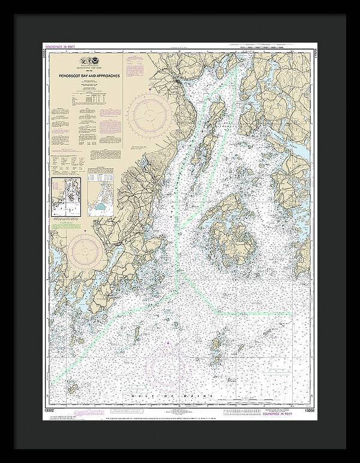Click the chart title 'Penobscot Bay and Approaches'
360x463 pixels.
click(x=85, y=77)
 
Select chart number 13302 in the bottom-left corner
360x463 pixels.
click(x=50, y=411)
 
